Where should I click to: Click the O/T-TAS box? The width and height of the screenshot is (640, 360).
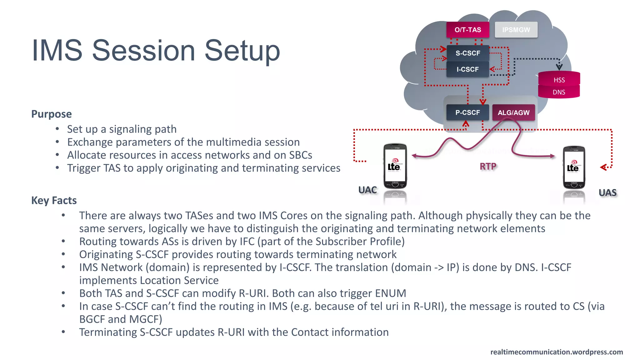point(467,30)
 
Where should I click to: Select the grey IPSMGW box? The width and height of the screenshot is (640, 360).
point(516,30)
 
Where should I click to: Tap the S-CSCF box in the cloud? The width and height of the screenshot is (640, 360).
point(467,53)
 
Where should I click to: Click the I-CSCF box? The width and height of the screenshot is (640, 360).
point(467,69)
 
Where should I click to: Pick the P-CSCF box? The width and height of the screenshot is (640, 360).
point(467,112)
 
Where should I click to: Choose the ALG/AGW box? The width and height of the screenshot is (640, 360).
point(513,113)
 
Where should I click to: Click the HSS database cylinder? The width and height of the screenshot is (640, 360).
point(559,80)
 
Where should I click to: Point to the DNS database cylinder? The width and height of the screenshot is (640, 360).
point(559,92)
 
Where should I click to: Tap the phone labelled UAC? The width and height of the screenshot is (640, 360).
point(395,166)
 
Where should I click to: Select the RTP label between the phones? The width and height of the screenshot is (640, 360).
point(488,167)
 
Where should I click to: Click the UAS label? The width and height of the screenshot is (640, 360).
point(607,192)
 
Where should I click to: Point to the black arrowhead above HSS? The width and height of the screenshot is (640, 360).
point(559,67)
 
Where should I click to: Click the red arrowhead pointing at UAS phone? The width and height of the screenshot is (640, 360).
point(603,167)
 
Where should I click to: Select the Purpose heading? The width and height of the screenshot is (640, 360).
point(52,114)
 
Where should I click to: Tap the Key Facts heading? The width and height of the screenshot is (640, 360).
point(54,200)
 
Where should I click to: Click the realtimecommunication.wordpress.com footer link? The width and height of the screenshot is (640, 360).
point(556,352)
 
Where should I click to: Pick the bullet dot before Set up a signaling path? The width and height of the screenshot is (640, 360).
point(57,129)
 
